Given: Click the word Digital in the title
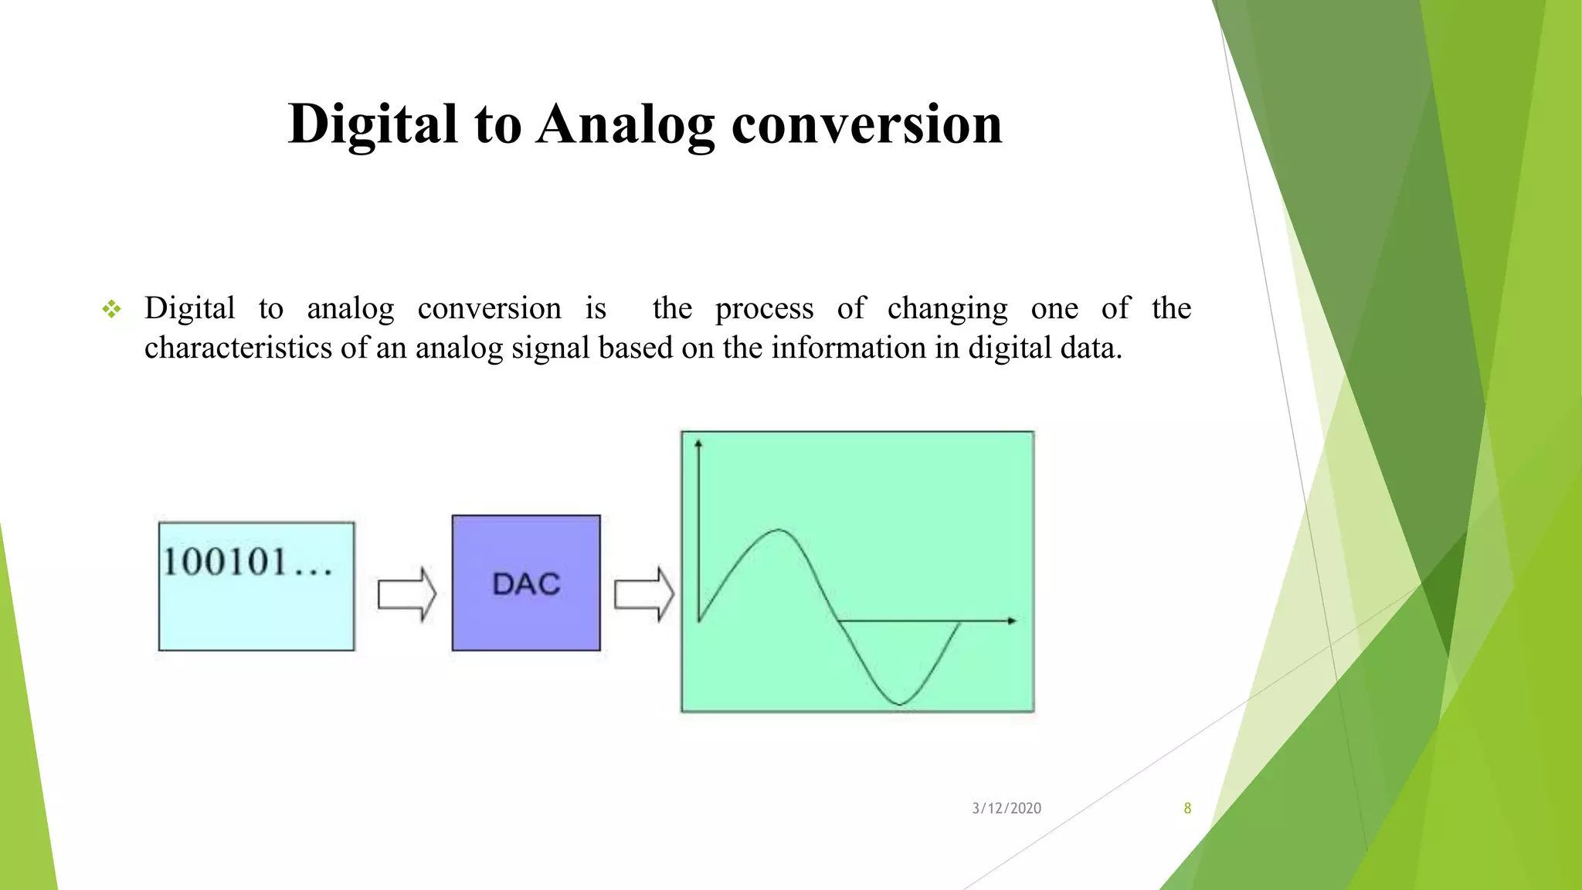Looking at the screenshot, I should pyautogui.click(x=372, y=124).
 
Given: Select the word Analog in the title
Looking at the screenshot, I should pyautogui.click(x=625, y=124).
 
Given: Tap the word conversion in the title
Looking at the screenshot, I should pyautogui.click(x=866, y=124).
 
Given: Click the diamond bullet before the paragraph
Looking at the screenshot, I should pyautogui.click(x=112, y=310).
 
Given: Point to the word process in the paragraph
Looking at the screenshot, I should pyautogui.click(x=764, y=309).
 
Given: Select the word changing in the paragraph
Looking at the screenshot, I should pyautogui.click(x=947, y=309).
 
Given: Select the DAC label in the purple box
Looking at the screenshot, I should pyautogui.click(x=526, y=584).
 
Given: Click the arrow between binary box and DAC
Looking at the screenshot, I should pyautogui.click(x=406, y=594).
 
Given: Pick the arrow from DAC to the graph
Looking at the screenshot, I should pyautogui.click(x=643, y=594).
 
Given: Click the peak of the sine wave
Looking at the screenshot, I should pyautogui.click(x=777, y=531).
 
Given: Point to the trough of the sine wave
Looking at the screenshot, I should pyautogui.click(x=900, y=703).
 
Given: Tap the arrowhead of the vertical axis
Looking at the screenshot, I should pyautogui.click(x=698, y=443).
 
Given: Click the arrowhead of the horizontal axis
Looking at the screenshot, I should pyautogui.click(x=1012, y=620).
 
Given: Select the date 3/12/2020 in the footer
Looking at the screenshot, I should pyautogui.click(x=1006, y=808).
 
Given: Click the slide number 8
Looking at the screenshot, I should pyautogui.click(x=1187, y=808).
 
